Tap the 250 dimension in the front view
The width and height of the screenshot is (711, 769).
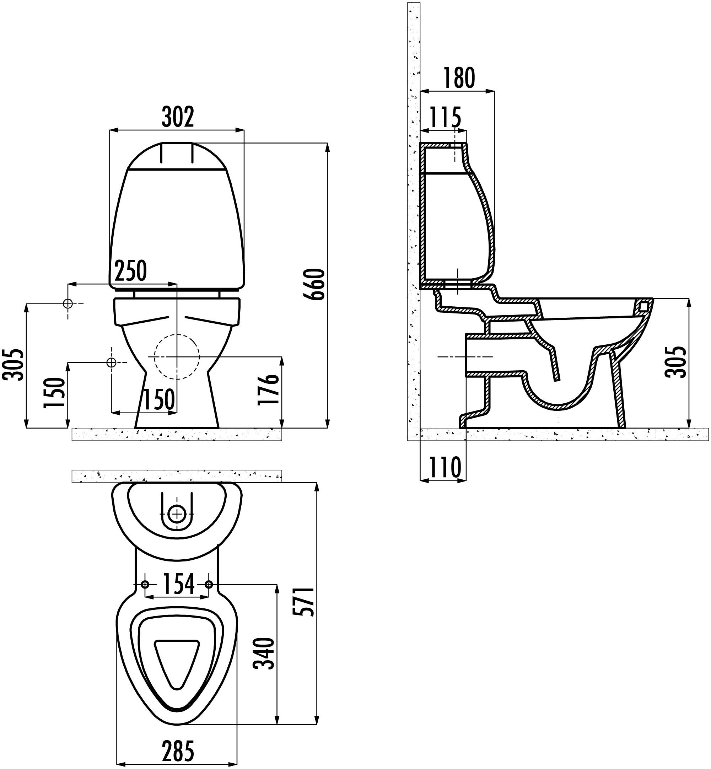point(130,271)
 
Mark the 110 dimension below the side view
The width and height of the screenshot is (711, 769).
point(445,467)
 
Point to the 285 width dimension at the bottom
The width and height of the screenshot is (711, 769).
point(177,751)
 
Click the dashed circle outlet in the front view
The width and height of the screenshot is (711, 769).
point(177,357)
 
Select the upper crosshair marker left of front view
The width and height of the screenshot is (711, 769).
point(68,303)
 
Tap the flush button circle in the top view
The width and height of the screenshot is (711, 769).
point(177,513)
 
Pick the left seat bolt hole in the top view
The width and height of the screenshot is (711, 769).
point(145,584)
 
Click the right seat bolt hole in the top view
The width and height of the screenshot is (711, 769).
point(209,584)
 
